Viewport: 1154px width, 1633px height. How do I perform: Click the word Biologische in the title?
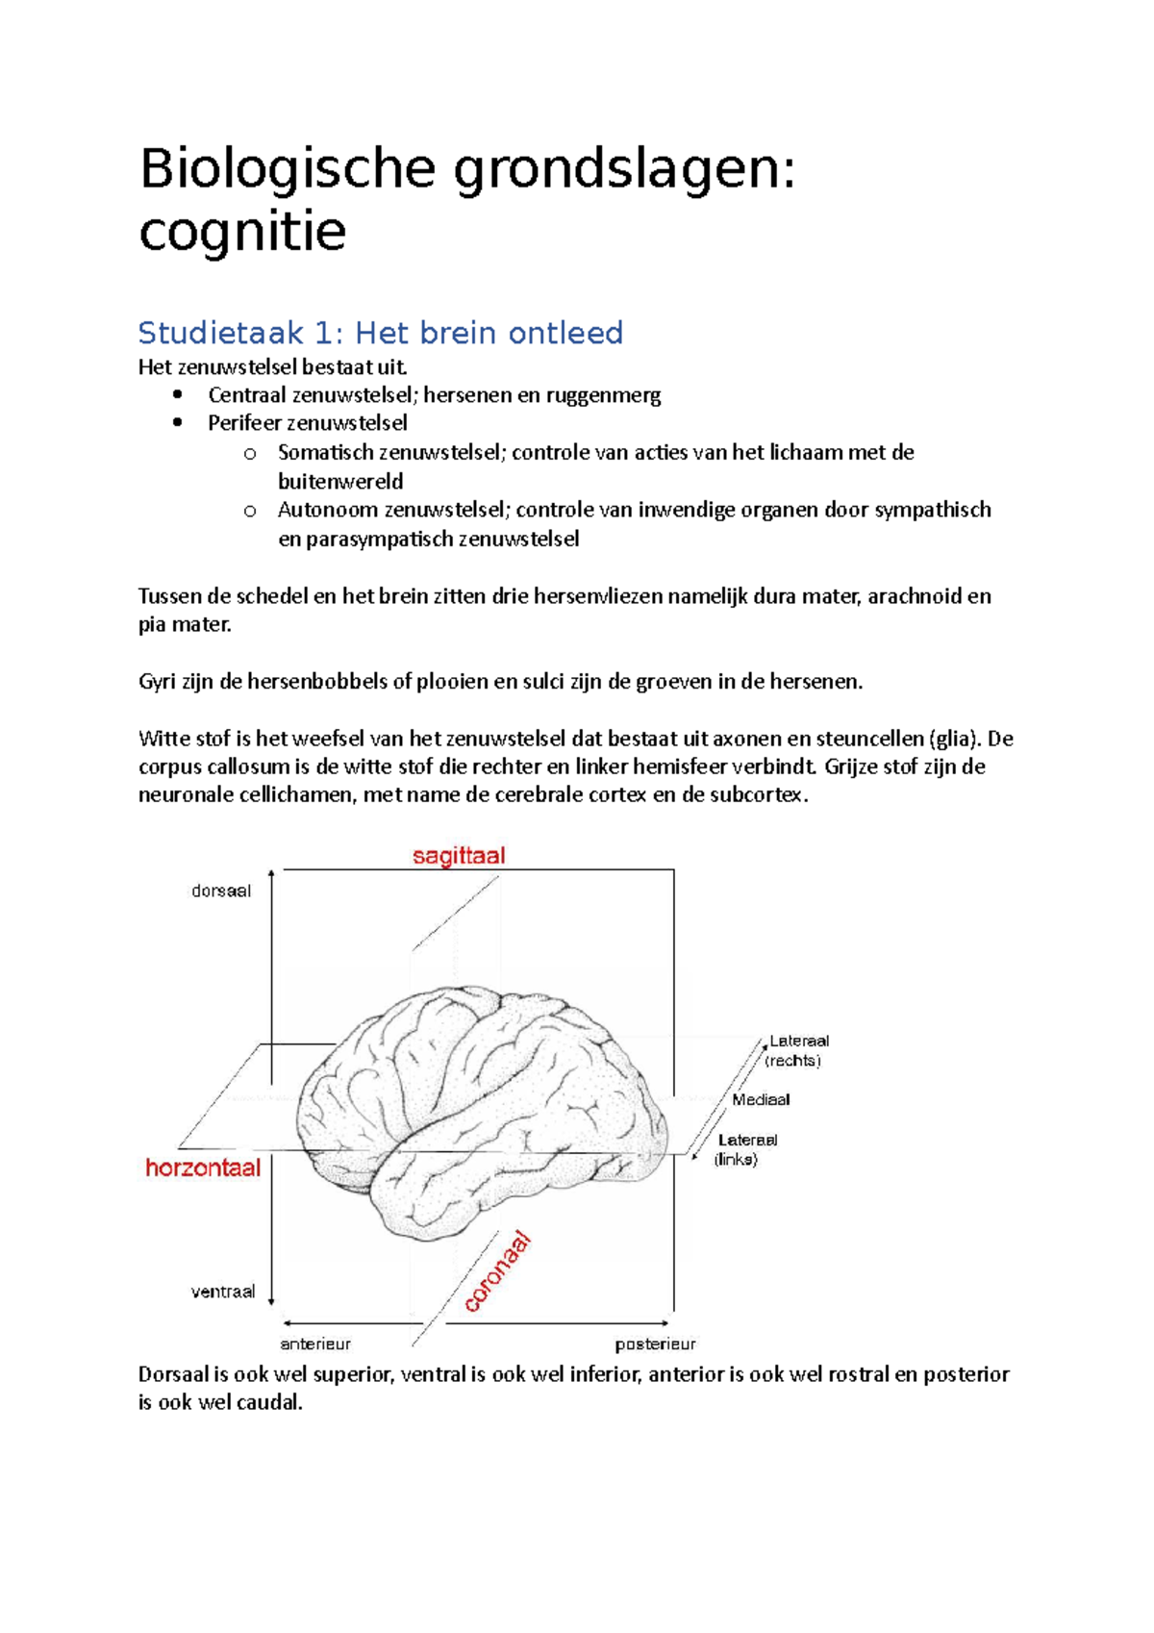(288, 171)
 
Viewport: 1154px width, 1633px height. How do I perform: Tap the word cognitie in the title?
(242, 232)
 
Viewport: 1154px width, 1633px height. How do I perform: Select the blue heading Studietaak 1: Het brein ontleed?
(381, 333)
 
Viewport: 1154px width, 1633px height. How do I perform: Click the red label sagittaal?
(459, 856)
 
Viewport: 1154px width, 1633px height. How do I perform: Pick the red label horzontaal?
(203, 1168)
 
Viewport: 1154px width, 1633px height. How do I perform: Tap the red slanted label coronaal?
(498, 1271)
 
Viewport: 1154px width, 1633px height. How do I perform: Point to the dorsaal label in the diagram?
(221, 891)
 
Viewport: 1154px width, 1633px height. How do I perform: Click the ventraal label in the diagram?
(223, 1292)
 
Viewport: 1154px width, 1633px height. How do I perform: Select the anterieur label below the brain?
(315, 1344)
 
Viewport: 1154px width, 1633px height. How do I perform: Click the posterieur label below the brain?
(655, 1344)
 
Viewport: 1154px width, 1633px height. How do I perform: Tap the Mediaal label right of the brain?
(761, 1099)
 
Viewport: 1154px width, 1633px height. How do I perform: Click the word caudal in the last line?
(274, 1402)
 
